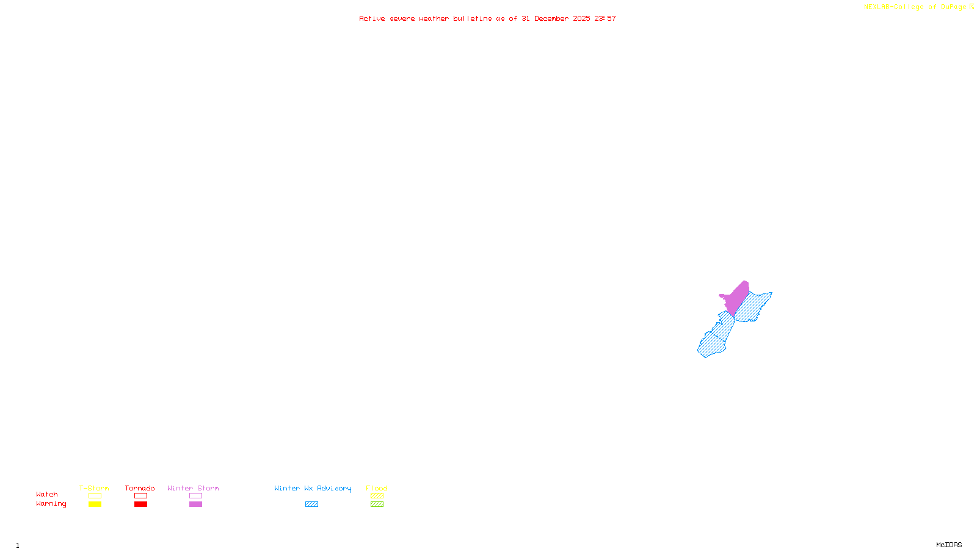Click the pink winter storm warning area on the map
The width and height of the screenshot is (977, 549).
tap(737, 298)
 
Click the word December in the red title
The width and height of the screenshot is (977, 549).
tap(551, 18)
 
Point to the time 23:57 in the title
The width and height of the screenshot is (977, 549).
tap(605, 18)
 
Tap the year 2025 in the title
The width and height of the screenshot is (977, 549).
tap(581, 18)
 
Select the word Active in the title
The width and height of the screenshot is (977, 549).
tap(372, 18)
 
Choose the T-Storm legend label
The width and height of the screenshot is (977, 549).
tap(94, 488)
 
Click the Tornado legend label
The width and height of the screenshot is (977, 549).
tap(140, 488)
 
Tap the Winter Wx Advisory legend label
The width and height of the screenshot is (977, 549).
tap(313, 488)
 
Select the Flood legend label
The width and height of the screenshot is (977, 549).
tap(377, 488)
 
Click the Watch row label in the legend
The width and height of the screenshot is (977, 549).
tap(47, 494)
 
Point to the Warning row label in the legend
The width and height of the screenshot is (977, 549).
tap(51, 504)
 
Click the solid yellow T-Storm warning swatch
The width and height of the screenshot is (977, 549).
tap(95, 504)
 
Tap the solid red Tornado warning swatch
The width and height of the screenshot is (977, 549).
tap(141, 504)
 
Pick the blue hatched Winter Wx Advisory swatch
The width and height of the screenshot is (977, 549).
tap(311, 504)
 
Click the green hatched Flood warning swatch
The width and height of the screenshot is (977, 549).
tap(377, 504)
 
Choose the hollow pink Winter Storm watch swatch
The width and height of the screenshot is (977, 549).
tap(195, 496)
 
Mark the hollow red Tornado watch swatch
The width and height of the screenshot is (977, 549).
tap(141, 496)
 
